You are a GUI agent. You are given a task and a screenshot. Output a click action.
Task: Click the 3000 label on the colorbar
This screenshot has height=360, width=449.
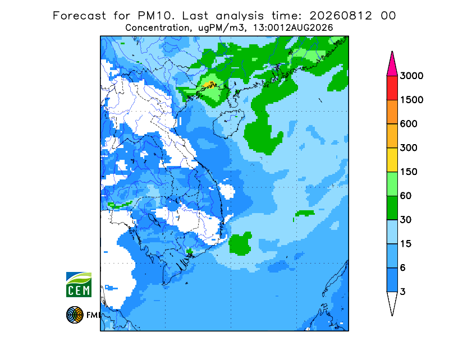(411, 76)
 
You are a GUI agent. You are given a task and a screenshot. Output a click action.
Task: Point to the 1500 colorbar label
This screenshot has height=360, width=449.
(411, 100)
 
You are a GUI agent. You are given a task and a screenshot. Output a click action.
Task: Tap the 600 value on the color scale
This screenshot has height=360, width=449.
(409, 124)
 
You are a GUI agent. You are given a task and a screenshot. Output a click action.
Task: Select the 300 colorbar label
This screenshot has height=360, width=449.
(409, 148)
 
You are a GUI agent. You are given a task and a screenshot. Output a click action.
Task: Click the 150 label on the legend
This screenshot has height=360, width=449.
(409, 172)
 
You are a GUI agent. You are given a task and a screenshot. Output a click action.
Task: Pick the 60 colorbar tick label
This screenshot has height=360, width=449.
(405, 196)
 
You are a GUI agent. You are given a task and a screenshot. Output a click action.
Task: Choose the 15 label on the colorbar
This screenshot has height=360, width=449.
(405, 244)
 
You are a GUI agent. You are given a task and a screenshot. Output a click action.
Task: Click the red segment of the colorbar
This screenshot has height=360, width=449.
(392, 88)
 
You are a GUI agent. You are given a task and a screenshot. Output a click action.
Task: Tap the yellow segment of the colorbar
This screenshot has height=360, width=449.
(392, 160)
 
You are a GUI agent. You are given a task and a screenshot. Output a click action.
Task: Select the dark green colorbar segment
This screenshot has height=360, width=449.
(392, 208)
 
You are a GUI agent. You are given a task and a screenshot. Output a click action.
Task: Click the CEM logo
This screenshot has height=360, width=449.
(79, 284)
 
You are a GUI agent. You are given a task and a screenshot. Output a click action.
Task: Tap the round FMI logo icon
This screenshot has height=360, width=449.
(75, 315)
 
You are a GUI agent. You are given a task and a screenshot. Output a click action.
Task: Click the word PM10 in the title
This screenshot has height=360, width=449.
(156, 16)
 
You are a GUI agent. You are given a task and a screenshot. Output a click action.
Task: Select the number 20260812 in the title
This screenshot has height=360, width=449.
(341, 16)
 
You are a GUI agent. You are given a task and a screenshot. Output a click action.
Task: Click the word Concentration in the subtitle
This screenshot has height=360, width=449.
(157, 28)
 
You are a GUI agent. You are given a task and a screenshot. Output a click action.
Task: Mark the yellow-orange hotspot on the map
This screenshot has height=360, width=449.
(210, 85)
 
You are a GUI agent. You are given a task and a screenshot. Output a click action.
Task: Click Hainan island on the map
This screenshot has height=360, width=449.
(228, 123)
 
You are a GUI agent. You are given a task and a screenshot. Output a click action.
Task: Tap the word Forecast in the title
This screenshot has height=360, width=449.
(79, 16)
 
